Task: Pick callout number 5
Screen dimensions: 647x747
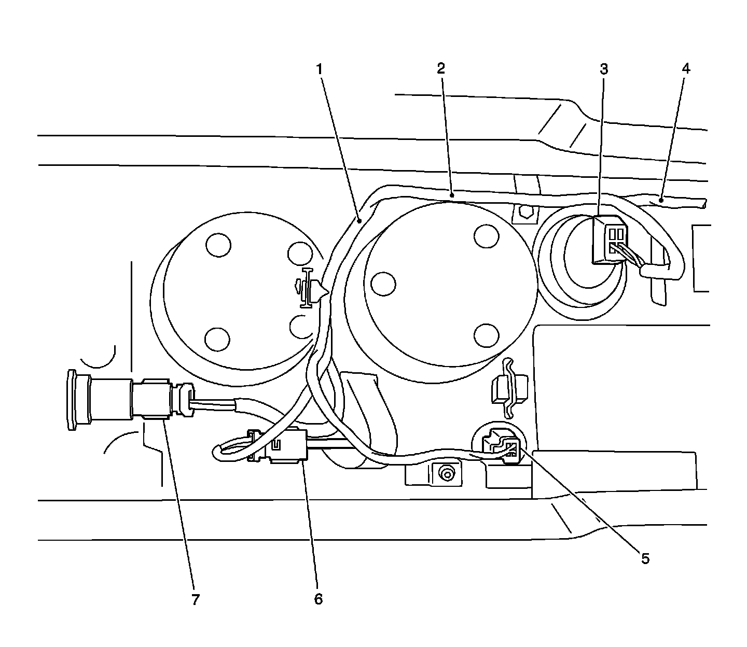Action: [645, 558]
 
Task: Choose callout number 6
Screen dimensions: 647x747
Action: [318, 599]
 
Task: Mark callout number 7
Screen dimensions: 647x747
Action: [195, 600]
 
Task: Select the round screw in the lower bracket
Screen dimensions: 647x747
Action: [444, 473]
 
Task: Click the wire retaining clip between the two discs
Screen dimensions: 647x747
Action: [307, 286]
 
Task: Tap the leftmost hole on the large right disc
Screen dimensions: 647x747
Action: [384, 284]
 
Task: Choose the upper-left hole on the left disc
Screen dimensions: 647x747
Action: [218, 245]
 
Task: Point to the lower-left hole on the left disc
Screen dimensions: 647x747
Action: [217, 339]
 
